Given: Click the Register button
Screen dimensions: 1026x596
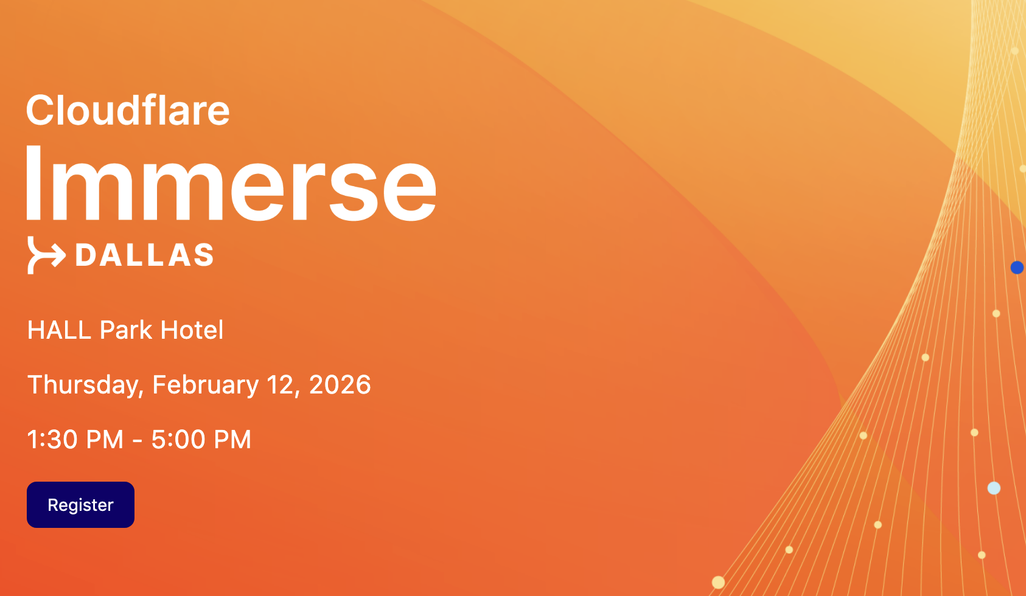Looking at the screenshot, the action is point(80,504).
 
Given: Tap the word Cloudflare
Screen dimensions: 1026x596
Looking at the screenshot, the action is point(128,110).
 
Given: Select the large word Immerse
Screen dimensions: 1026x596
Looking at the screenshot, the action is point(231,183).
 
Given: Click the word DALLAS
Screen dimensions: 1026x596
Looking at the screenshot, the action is point(144,254).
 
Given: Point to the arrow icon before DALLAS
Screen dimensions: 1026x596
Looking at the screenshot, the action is point(46,255).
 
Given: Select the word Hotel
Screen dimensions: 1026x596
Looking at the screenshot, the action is point(192,330).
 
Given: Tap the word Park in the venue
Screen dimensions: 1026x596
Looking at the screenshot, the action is point(125,330).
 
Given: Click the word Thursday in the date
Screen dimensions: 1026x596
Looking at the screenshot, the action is point(85,385).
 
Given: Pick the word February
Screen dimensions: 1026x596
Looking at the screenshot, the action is point(205,385).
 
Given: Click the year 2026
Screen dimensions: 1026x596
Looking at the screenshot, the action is point(340,384).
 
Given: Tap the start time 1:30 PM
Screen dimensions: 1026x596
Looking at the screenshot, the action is point(75,440).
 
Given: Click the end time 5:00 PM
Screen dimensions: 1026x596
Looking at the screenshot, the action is point(201,440).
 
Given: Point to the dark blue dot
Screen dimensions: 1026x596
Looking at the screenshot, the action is point(1017,268).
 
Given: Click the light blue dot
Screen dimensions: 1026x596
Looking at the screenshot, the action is point(994,488).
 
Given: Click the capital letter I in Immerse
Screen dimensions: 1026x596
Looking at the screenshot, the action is point(34,183).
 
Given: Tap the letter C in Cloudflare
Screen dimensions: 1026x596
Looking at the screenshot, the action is point(40,110).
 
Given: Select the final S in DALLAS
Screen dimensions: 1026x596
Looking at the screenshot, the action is point(203,254).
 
